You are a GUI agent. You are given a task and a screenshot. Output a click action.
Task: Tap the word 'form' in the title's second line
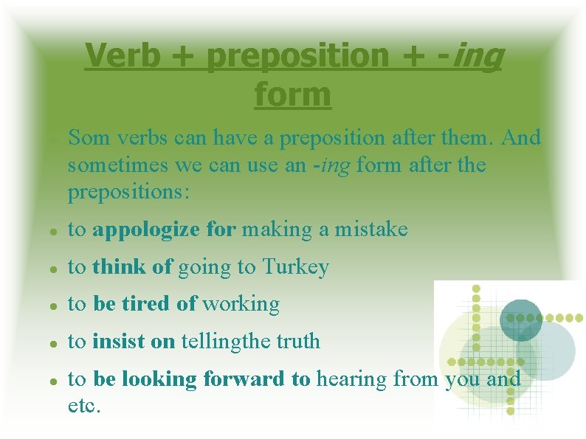tap(293, 94)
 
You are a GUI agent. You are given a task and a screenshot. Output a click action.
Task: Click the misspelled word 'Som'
tap(88, 138)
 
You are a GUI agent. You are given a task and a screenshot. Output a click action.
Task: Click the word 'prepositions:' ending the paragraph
tap(129, 193)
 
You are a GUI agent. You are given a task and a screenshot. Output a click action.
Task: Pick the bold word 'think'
tap(120, 267)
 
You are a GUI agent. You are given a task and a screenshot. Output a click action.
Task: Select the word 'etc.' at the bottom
tap(84, 405)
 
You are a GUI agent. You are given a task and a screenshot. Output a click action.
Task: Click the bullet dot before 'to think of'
tap(54, 269)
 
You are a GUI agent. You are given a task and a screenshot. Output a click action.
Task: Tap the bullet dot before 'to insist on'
tap(54, 342)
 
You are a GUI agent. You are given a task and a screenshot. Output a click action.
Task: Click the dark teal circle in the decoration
tap(521, 319)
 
